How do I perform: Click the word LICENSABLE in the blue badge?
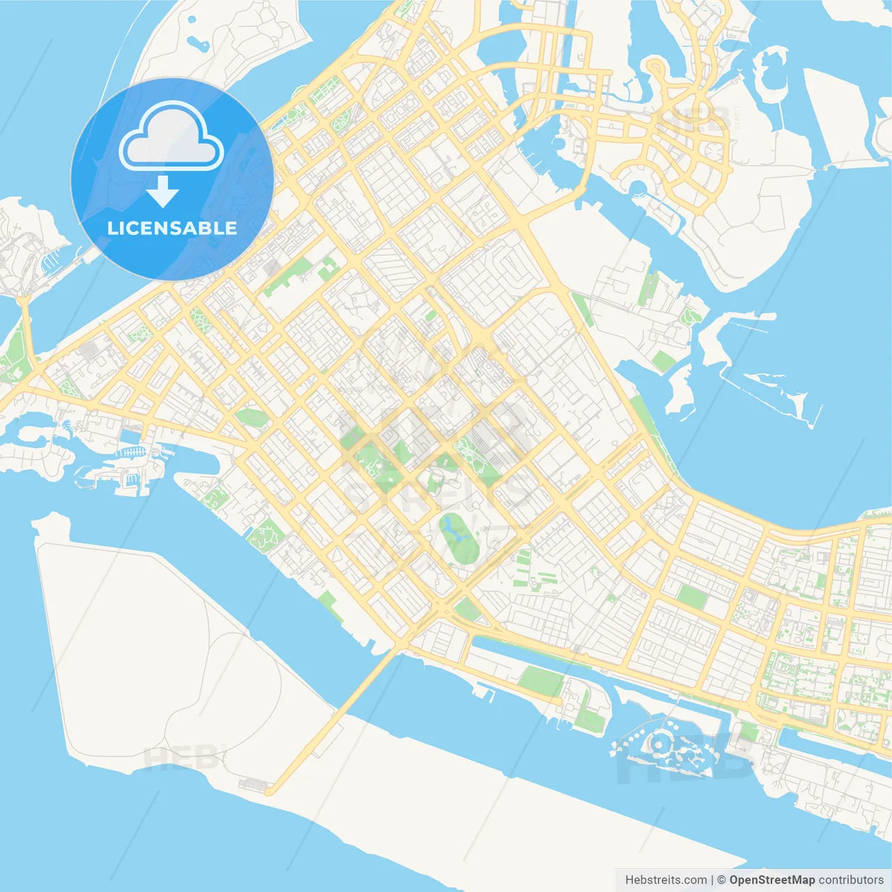tap(172, 228)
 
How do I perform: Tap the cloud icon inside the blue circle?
tap(171, 137)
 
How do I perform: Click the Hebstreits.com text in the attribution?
tap(666, 880)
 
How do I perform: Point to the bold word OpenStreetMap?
tap(772, 880)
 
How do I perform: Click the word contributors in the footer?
tap(851, 880)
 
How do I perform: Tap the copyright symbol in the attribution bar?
tap(721, 880)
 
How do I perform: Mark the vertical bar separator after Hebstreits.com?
tap(712, 880)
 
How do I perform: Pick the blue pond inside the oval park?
tap(453, 530)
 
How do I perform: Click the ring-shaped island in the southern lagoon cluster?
tap(658, 746)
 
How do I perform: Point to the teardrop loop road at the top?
tap(656, 69)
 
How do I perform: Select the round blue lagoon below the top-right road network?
tap(637, 186)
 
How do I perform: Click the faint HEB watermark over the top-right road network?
tap(693, 120)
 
